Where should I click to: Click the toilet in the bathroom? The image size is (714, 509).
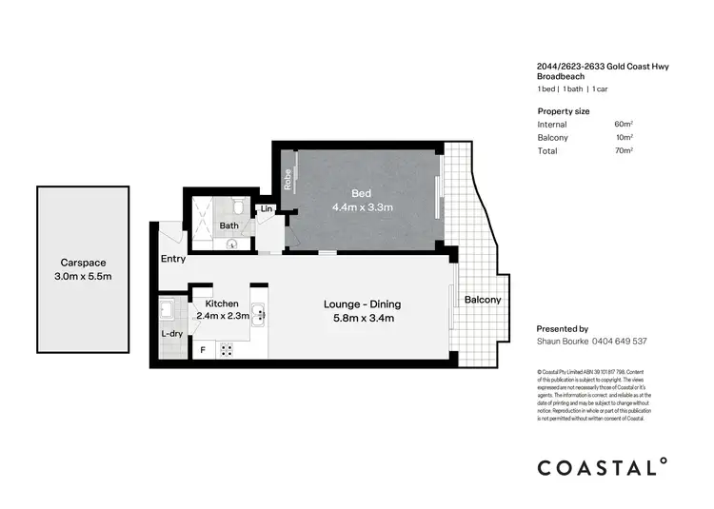(x=240, y=206)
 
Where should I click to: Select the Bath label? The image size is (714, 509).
(x=228, y=225)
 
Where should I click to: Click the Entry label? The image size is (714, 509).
(x=173, y=259)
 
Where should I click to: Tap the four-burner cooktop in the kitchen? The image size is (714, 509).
(x=228, y=349)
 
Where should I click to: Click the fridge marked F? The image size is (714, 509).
(x=202, y=349)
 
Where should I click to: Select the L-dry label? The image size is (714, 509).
(x=172, y=334)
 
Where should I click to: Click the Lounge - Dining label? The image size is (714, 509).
(x=362, y=304)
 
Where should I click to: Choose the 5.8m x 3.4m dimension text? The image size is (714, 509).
(x=362, y=318)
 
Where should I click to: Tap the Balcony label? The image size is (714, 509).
(x=483, y=300)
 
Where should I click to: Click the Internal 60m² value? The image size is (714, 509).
(x=625, y=125)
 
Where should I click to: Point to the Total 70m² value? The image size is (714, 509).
(x=625, y=150)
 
